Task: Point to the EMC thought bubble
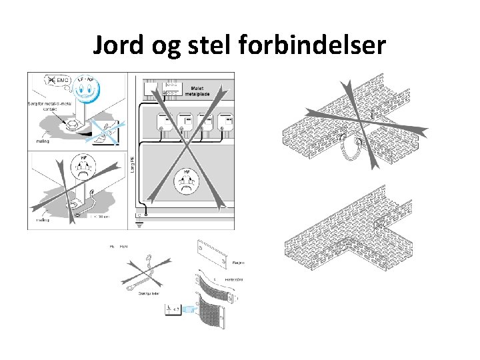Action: click(x=57, y=80)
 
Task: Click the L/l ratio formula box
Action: click(x=171, y=309)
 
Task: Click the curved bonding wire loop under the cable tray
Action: click(x=353, y=153)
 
